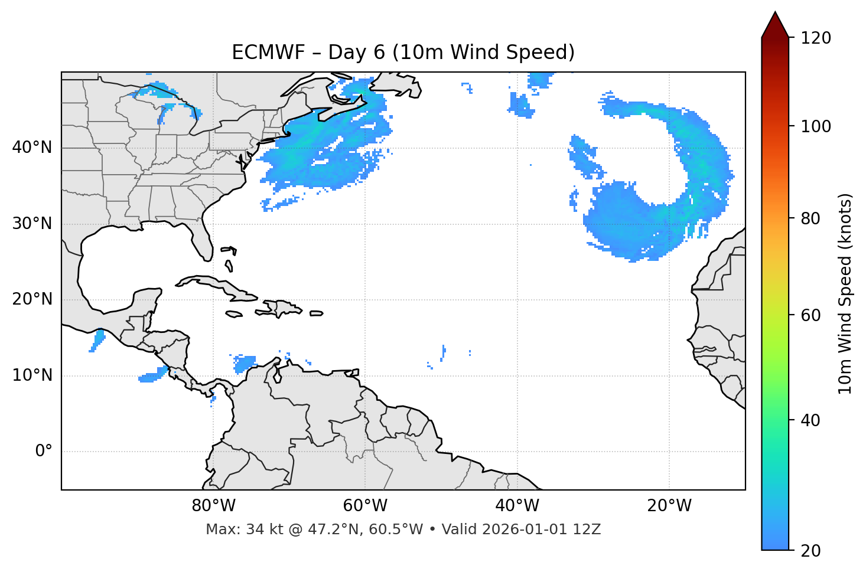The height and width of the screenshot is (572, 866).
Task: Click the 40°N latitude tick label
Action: tap(32, 148)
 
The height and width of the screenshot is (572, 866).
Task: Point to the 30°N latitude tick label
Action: tap(32, 224)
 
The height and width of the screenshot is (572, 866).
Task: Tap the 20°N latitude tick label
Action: tap(32, 299)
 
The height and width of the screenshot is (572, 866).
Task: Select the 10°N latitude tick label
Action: tap(32, 375)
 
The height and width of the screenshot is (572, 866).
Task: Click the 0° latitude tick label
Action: tap(44, 452)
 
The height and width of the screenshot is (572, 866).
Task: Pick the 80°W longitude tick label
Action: tap(213, 506)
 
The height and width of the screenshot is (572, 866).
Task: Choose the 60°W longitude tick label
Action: tap(365, 506)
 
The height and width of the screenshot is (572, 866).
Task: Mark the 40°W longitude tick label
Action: tap(517, 506)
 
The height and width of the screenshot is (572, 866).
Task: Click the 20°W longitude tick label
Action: tap(669, 506)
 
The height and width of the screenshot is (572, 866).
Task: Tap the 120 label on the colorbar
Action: tap(816, 38)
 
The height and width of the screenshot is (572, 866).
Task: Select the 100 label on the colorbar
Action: tap(816, 126)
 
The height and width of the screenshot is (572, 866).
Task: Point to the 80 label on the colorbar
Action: tap(812, 218)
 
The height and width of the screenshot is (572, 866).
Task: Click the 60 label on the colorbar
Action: tap(812, 315)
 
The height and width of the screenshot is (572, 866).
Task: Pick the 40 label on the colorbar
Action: tap(812, 420)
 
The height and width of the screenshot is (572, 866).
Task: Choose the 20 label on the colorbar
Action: tap(812, 551)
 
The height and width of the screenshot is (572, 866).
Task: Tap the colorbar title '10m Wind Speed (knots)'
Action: tap(845, 293)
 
